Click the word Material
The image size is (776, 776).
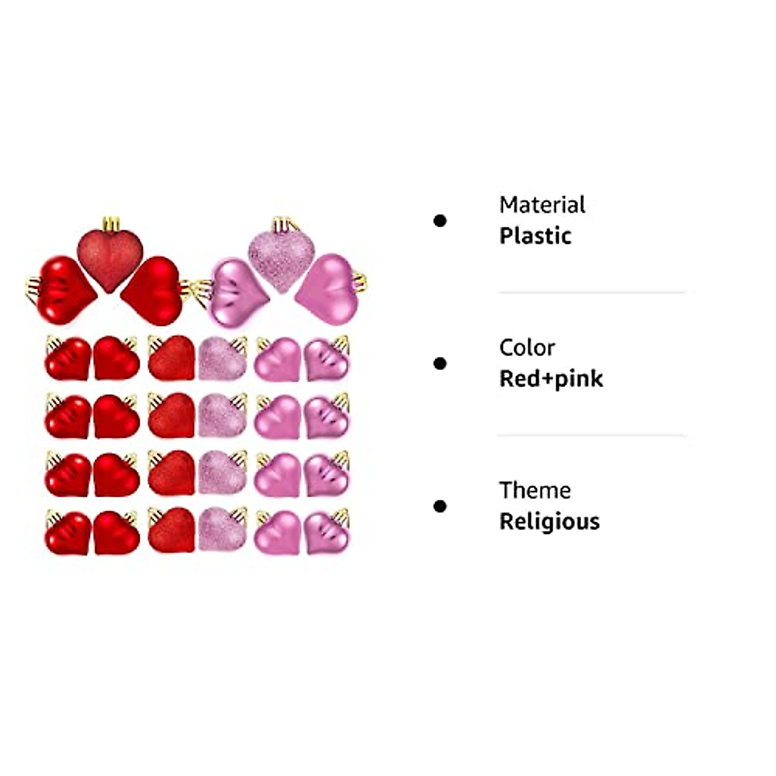pos(542,205)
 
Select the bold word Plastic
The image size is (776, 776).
pos(535,236)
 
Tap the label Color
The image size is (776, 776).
pos(526,348)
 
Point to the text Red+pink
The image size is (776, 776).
pos(551,379)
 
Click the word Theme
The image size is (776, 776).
pos(535,491)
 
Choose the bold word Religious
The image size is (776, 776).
pos(549,522)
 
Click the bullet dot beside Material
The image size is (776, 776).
pos(440,221)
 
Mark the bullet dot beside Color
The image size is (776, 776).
pos(440,364)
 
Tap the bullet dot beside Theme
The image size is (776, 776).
pos(440,506)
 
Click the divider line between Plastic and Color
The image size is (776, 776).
pos(591,293)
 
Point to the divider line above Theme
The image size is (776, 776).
pos(591,436)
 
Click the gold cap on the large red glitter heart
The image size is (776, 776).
pos(111,224)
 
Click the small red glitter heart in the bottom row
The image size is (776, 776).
pos(171,530)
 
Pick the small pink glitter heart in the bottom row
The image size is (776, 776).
pos(222,530)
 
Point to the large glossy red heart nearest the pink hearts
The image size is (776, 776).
pos(153,290)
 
